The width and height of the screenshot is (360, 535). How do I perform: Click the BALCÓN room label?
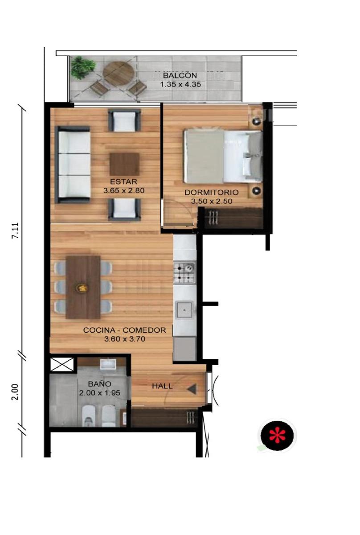click(180, 75)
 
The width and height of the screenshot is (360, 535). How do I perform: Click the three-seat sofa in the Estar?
click(73, 165)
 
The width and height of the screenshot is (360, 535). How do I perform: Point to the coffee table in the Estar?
click(124, 165)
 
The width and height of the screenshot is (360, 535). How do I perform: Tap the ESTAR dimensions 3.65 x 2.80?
click(124, 191)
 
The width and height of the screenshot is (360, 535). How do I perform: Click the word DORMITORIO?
click(212, 192)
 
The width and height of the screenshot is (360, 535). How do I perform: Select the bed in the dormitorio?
click(223, 156)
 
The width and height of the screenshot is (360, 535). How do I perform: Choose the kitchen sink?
click(184, 310)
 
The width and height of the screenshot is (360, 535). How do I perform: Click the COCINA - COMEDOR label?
click(124, 330)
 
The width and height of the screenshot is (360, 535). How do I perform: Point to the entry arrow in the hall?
click(192, 389)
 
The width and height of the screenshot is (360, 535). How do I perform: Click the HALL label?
click(162, 386)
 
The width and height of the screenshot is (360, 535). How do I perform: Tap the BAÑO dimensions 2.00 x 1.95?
click(99, 393)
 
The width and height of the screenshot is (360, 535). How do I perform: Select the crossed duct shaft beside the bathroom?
click(62, 365)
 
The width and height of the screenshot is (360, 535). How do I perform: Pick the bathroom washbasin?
click(108, 364)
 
